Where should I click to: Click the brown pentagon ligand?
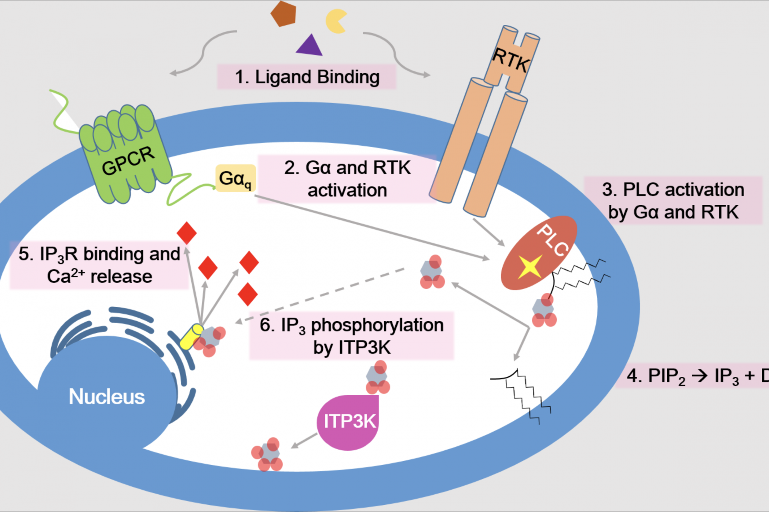click(x=283, y=14)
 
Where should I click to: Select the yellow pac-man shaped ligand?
click(x=335, y=21)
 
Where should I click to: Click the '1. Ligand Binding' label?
click(x=307, y=77)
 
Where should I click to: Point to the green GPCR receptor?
click(x=127, y=154)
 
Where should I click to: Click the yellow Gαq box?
click(x=236, y=178)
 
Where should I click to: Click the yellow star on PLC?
click(x=530, y=266)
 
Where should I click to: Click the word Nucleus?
click(x=107, y=397)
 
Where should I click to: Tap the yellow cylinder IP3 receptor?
click(x=191, y=337)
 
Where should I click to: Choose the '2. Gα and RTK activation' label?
click(x=347, y=179)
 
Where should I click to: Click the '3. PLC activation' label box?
click(x=673, y=200)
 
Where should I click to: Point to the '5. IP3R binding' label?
click(x=99, y=265)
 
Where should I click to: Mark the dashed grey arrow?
click(x=320, y=295)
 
